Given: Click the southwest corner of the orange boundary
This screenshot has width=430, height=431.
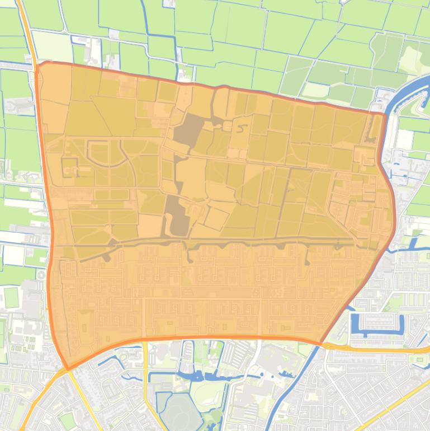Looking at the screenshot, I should coord(68,369).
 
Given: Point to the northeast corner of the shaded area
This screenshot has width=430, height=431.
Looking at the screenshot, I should coord(385,114).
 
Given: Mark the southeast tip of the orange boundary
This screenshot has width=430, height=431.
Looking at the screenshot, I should coord(321,343).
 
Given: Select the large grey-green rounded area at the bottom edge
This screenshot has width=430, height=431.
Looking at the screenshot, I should coord(182,412).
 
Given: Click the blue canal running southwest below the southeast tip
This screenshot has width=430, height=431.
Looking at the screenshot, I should coord(296,386).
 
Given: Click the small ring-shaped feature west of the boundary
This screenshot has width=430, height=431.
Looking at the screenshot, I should coord(40,275).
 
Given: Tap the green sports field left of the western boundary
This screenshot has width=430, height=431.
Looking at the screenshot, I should coord(11,297).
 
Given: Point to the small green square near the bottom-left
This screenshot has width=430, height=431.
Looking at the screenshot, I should coord(67,420).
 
